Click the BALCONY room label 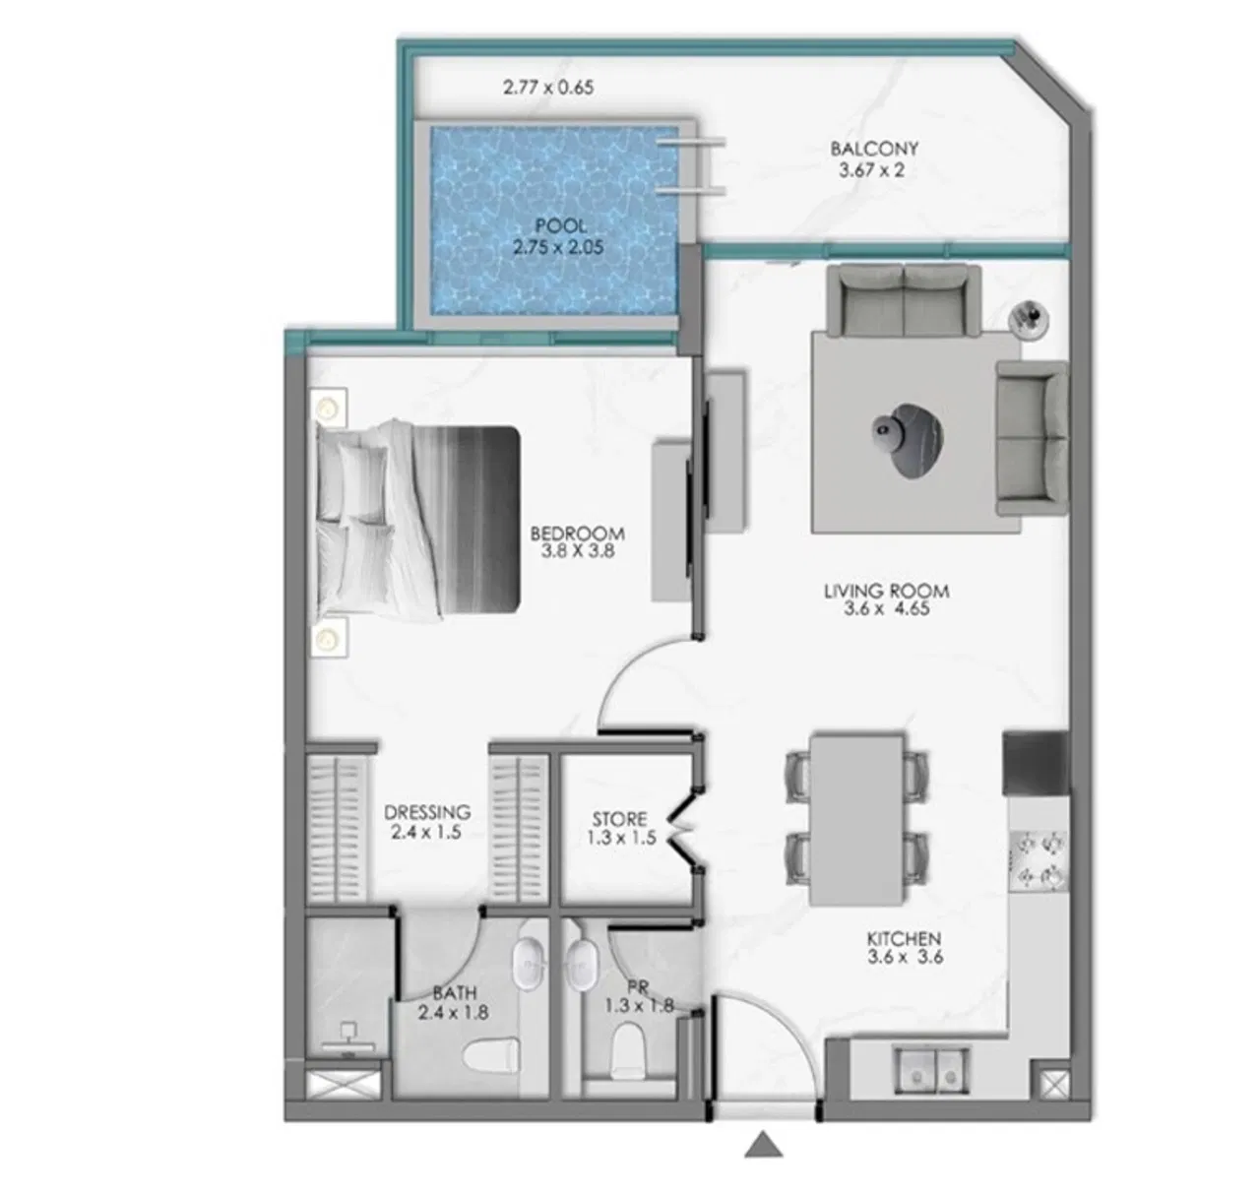[x=874, y=149]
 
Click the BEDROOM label [x=577, y=534]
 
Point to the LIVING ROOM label [x=886, y=591]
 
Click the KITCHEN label [x=904, y=939]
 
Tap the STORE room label [x=620, y=819]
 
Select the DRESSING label [x=427, y=812]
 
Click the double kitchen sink [x=931, y=1069]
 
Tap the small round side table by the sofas [x=1031, y=316]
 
